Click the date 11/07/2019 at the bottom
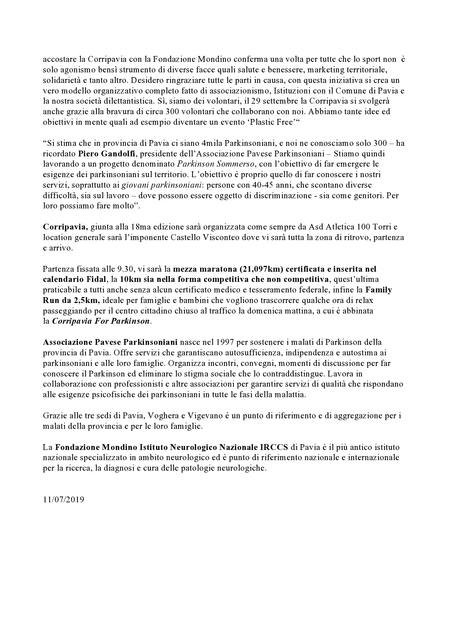coord(63,499)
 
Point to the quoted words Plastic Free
coord(274,122)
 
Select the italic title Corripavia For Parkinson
coord(101,322)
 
